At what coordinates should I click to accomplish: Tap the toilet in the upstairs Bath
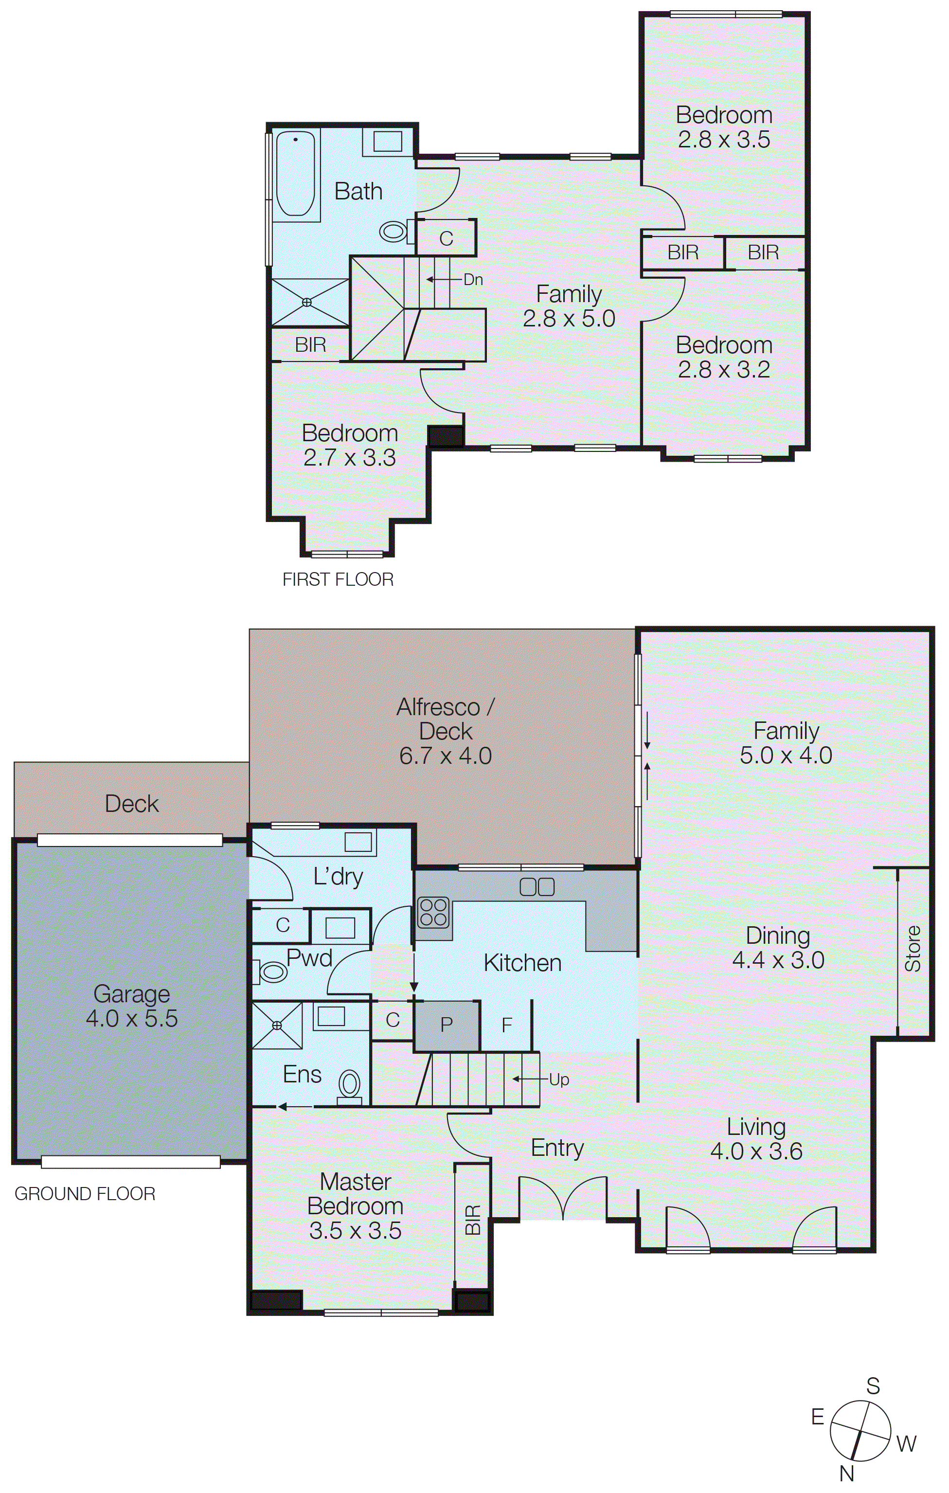click(x=393, y=233)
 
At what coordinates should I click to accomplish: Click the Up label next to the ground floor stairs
click(x=558, y=1079)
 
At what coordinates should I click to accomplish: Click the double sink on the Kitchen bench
click(x=537, y=887)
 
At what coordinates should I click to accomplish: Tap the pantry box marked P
click(x=447, y=1025)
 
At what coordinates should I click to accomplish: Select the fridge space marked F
click(x=506, y=1025)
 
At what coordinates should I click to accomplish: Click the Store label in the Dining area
click(x=913, y=949)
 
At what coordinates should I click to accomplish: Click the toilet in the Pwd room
click(x=271, y=971)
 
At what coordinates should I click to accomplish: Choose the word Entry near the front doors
click(x=557, y=1148)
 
